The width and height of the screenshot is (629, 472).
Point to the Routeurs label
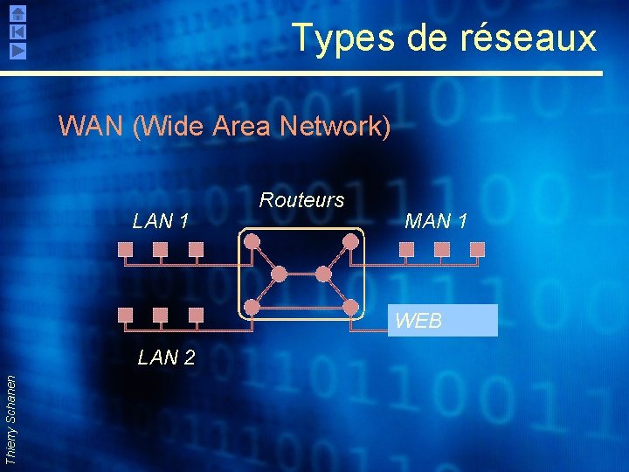click(301, 200)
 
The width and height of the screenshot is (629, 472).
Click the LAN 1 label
click(161, 221)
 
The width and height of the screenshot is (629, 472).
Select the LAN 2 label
click(166, 357)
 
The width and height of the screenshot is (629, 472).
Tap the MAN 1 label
click(436, 221)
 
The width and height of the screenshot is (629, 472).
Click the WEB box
click(444, 321)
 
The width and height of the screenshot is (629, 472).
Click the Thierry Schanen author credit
click(10, 420)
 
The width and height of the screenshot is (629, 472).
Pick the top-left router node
click(252, 240)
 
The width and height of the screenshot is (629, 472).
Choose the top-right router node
click(350, 240)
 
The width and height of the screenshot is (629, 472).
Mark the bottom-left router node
click(252, 307)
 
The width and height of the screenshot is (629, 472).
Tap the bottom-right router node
click(350, 307)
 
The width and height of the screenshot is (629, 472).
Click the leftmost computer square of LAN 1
click(125, 249)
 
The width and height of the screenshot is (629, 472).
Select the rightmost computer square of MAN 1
click(477, 249)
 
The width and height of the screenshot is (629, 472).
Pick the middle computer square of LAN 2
click(160, 315)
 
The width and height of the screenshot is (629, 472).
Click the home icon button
click(18, 13)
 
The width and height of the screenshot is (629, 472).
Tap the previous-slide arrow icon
click(18, 31)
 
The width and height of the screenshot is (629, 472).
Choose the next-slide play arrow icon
click(18, 50)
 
